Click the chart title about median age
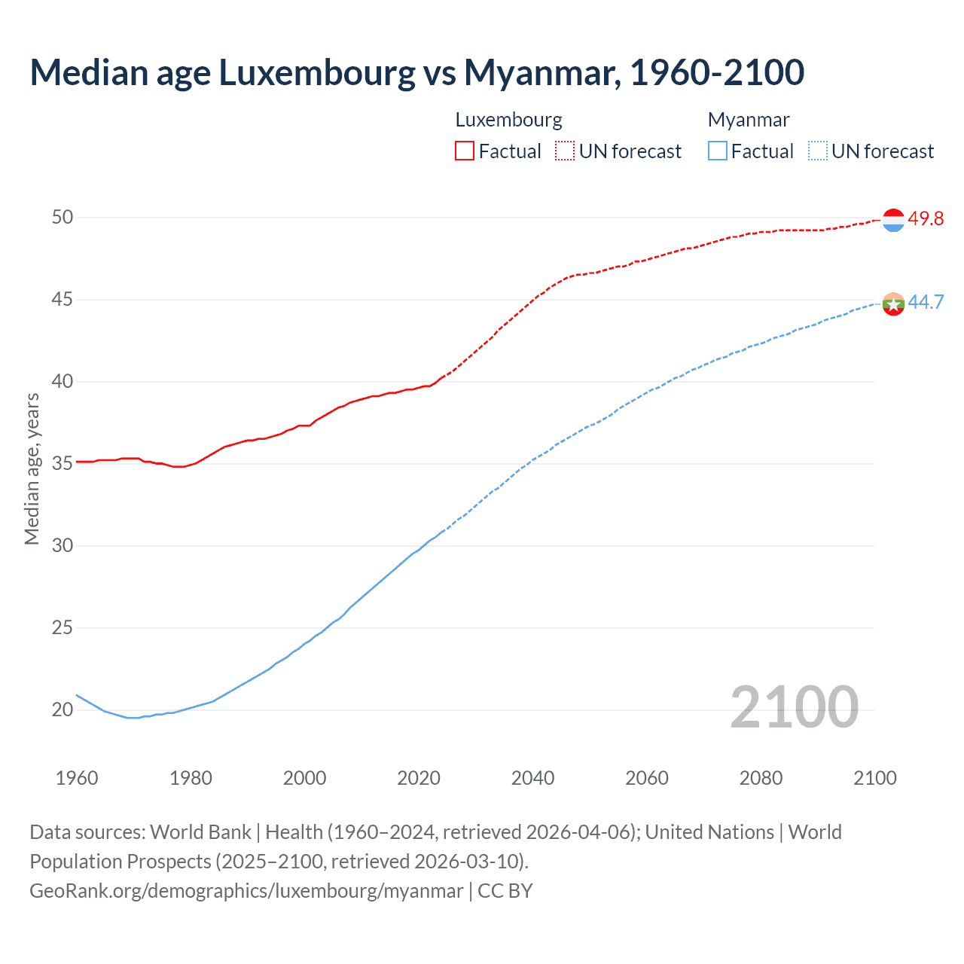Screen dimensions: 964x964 tap(416, 72)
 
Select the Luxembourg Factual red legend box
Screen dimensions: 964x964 tap(465, 151)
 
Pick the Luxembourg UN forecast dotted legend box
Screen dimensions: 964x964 tap(565, 151)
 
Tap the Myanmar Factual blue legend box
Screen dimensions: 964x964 tap(718, 151)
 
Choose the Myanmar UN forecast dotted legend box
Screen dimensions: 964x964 tap(818, 151)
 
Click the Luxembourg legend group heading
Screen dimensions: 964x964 tap(508, 120)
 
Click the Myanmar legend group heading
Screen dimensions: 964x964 tap(749, 120)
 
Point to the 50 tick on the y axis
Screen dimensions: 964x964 tap(63, 218)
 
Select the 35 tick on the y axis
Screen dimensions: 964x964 tap(63, 464)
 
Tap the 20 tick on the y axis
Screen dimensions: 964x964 tap(63, 709)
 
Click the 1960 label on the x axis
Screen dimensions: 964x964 tap(77, 778)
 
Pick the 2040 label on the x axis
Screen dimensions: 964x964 tap(532, 778)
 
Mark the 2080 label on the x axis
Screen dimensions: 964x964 tap(761, 778)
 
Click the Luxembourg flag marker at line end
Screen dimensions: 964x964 tap(893, 220)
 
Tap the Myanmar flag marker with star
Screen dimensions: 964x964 tap(893, 304)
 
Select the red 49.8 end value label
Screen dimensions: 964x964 tap(926, 218)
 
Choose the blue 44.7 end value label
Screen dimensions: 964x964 tap(926, 302)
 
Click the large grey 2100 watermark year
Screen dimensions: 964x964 tap(794, 707)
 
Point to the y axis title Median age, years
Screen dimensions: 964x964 tap(32, 468)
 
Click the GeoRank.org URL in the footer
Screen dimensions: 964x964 tap(246, 891)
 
